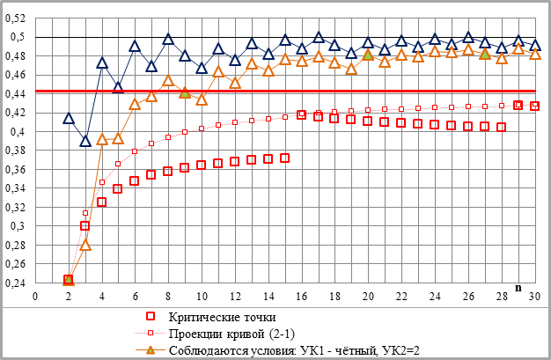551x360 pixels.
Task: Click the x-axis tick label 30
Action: coord(534,296)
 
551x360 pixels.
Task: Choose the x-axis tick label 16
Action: coord(302,296)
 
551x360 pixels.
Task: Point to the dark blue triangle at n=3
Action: coord(85,141)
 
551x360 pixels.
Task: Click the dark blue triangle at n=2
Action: coord(69,118)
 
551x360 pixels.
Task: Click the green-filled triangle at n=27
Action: coord(484,54)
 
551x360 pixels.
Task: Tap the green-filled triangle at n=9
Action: coord(185,92)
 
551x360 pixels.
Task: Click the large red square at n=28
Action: coord(501,127)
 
